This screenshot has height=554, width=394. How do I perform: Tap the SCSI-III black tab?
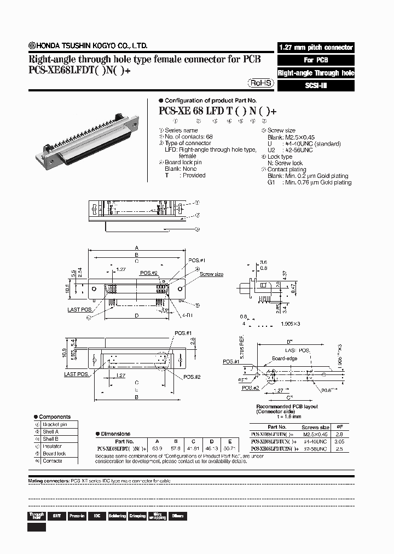click(x=316, y=85)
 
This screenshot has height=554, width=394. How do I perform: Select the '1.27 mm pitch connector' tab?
click(x=316, y=48)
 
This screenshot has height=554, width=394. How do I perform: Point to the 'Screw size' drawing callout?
click(x=211, y=274)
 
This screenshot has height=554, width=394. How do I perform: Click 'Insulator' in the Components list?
click(x=53, y=446)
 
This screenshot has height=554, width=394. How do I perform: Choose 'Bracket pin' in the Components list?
click(x=55, y=424)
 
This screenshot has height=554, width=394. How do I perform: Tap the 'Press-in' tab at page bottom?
click(x=77, y=516)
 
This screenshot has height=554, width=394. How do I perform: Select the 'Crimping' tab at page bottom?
click(x=137, y=516)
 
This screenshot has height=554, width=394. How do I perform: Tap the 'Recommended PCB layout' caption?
click(x=287, y=407)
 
